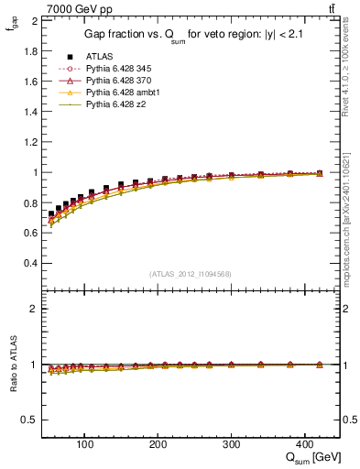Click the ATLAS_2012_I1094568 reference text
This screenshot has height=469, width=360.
coord(190,273)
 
